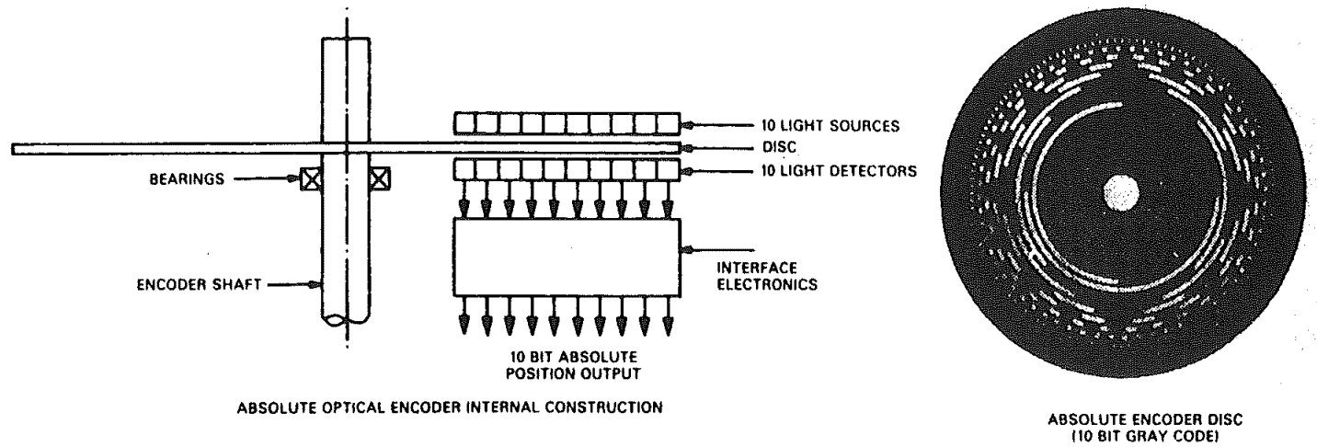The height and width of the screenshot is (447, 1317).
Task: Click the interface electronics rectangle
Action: pyautogui.click(x=567, y=255)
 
